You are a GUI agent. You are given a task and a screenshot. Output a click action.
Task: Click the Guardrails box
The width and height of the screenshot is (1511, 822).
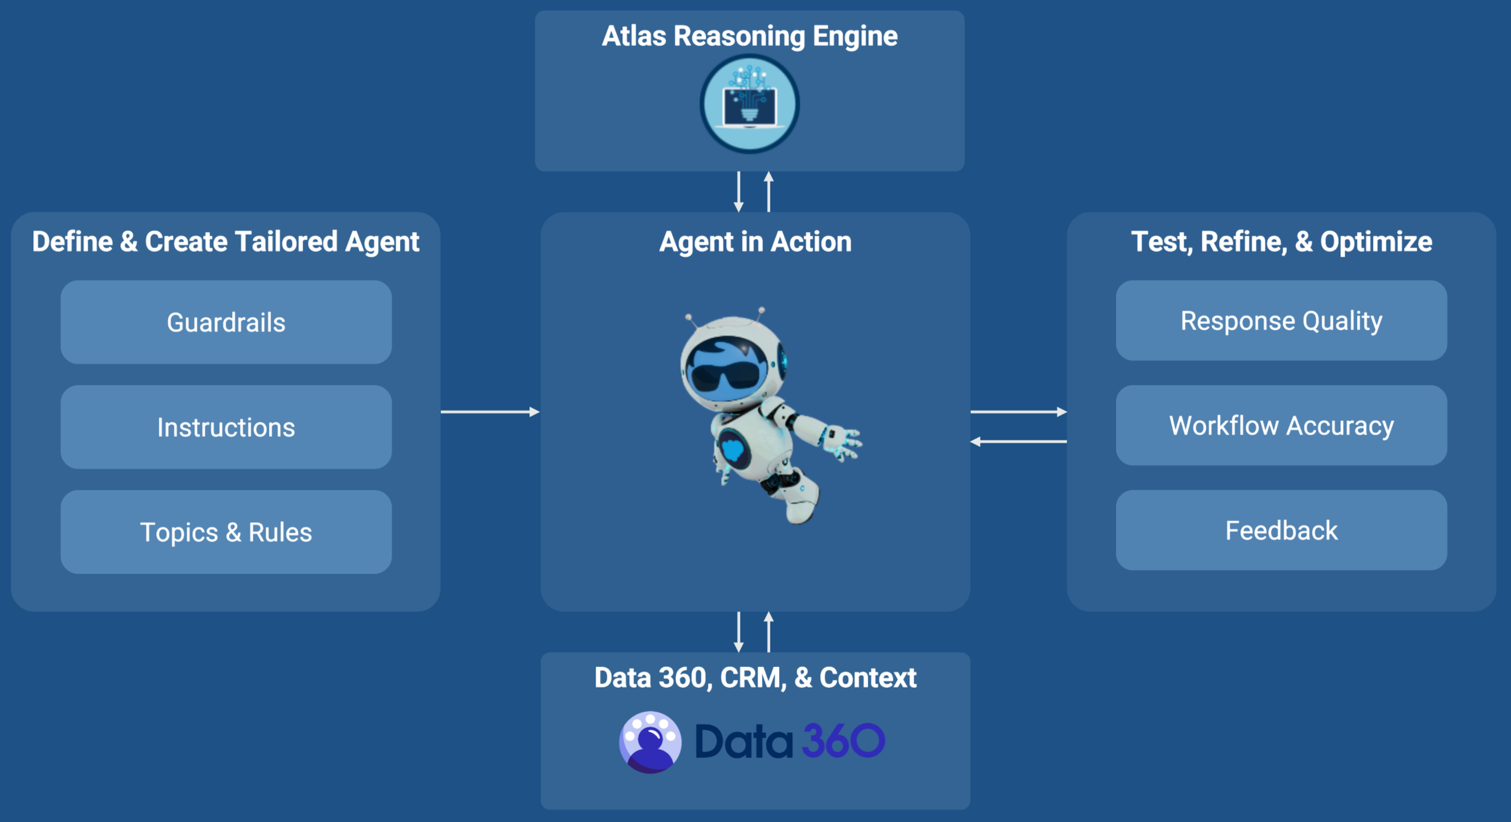(x=226, y=322)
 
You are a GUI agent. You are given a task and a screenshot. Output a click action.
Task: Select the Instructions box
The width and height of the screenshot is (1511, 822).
(x=226, y=427)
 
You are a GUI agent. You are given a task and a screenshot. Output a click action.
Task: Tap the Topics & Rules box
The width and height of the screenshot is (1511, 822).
(x=226, y=532)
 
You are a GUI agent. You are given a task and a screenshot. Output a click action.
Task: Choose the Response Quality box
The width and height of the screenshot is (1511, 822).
(x=1281, y=321)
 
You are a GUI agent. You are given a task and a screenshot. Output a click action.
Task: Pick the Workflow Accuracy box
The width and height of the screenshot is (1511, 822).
(x=1281, y=425)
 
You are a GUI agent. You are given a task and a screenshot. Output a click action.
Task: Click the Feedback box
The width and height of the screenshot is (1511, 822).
(x=1281, y=530)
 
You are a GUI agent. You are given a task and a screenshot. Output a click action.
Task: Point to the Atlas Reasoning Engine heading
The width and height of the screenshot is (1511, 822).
(x=750, y=36)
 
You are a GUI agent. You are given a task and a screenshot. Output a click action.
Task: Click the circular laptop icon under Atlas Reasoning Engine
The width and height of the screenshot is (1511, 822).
(x=750, y=103)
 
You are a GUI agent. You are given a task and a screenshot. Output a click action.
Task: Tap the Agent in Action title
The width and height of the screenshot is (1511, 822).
(x=755, y=241)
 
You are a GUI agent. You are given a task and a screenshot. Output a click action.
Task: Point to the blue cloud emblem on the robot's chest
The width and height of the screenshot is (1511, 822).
(x=733, y=448)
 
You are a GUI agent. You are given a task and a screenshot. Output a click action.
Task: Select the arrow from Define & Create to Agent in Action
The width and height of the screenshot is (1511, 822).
(x=490, y=412)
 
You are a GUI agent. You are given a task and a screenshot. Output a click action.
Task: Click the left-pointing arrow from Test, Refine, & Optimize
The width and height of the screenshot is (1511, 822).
(x=1019, y=441)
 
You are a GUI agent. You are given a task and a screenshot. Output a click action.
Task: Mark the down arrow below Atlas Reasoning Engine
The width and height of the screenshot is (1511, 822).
(x=739, y=192)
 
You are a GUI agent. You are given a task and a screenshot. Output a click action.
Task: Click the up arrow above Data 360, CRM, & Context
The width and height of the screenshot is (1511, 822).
(x=769, y=631)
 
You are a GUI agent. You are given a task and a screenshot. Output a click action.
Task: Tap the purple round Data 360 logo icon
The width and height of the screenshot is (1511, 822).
(x=650, y=742)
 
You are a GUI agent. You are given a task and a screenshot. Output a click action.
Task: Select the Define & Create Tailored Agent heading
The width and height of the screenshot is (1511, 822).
(x=225, y=241)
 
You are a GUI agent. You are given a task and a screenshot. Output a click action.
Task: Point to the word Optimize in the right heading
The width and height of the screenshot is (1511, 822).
(x=1376, y=242)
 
